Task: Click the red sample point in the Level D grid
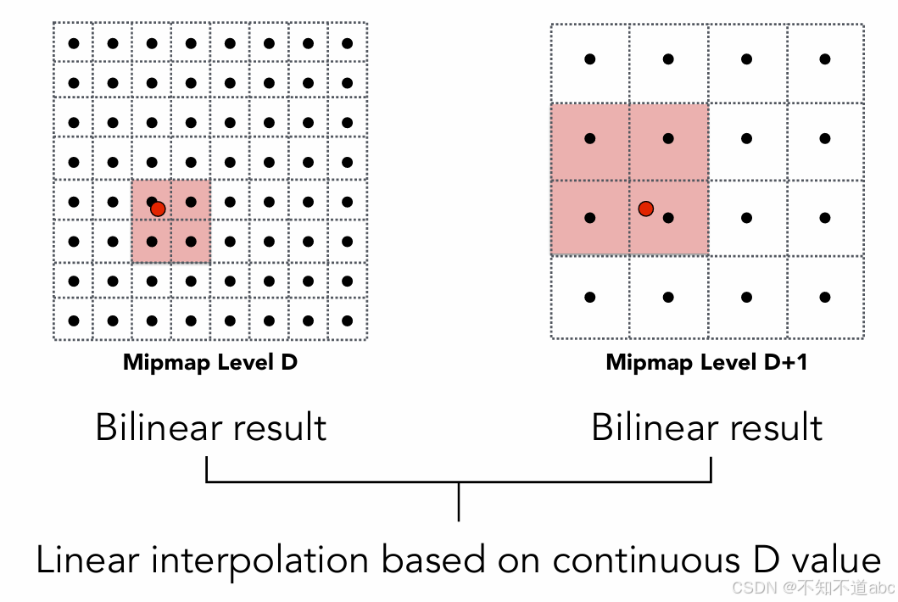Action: pyautogui.click(x=157, y=208)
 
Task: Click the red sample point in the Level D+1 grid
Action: pyautogui.click(x=646, y=208)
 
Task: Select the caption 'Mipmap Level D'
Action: pyautogui.click(x=210, y=363)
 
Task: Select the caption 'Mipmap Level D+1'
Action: pyautogui.click(x=706, y=363)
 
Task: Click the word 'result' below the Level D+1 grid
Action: pyautogui.click(x=778, y=426)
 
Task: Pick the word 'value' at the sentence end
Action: pyautogui.click(x=836, y=561)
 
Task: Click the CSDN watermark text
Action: pyautogui.click(x=813, y=587)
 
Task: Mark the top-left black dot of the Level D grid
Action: pyautogui.click(x=74, y=43)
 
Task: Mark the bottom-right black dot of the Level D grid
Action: pyautogui.click(x=347, y=321)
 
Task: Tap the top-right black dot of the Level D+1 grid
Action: pyautogui.click(x=825, y=59)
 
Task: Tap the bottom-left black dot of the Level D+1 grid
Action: pyautogui.click(x=590, y=298)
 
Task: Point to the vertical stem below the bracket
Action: pyautogui.click(x=459, y=502)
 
